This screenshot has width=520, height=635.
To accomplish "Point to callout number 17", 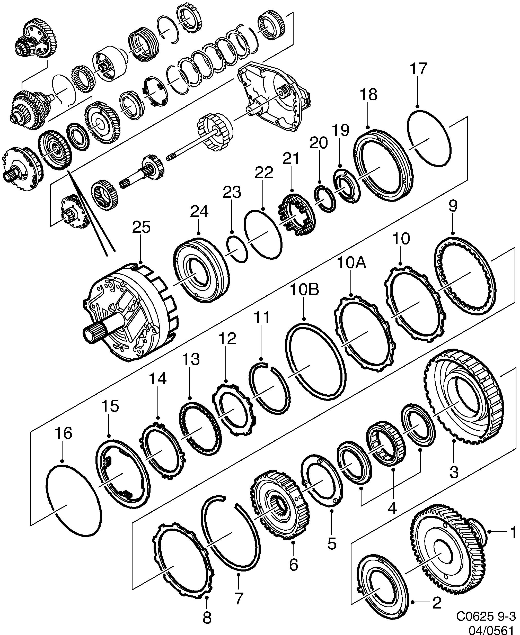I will point(418,69).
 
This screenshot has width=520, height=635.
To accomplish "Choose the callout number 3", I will point(454,472).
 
